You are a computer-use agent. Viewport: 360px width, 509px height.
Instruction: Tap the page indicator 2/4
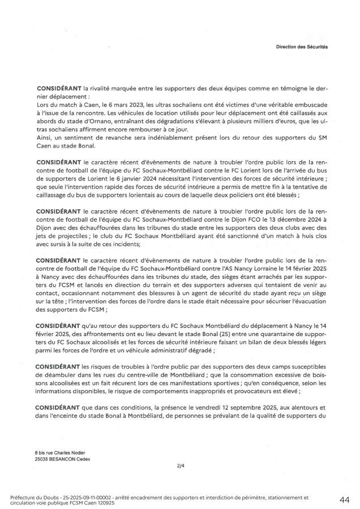[179, 466]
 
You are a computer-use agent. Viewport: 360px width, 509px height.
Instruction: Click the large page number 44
[344, 500]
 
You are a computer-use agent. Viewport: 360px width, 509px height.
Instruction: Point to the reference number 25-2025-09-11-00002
[88, 497]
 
